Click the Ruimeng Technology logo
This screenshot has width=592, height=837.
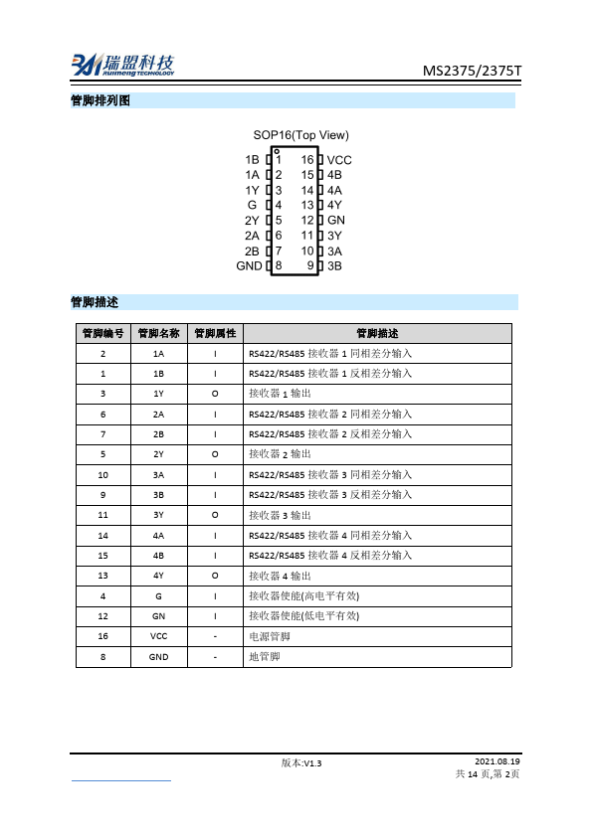(120, 65)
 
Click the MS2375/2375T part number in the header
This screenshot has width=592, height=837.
(471, 71)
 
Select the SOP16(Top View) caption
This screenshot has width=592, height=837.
(300, 135)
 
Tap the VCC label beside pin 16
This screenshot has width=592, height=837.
(339, 160)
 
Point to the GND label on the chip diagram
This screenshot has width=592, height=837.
(249, 265)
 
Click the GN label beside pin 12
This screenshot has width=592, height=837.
(336, 220)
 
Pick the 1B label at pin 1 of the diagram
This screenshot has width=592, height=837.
(252, 160)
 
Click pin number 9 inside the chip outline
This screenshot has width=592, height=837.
(310, 265)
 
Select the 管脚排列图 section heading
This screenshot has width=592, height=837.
(100, 100)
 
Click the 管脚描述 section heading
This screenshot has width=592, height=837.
(94, 301)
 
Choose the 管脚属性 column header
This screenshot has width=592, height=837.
(215, 334)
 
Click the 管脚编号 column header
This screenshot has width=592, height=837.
(103, 334)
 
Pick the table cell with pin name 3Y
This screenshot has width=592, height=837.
(159, 515)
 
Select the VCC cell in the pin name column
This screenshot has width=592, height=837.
(159, 635)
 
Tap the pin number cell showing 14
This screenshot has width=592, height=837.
(103, 535)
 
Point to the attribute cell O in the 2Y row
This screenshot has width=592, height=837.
(215, 454)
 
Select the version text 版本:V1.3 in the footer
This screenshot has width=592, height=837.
(302, 762)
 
